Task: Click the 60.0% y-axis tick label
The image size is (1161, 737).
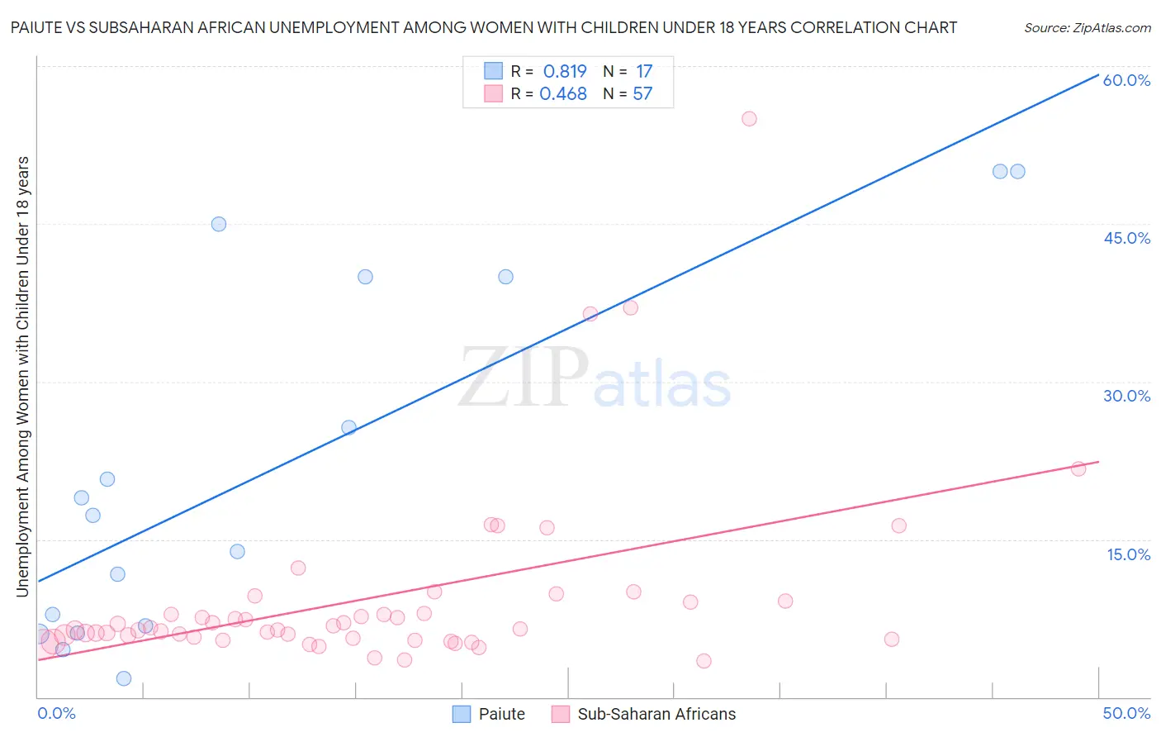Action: click(x=1126, y=80)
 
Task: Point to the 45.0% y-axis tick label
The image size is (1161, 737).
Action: click(x=1126, y=238)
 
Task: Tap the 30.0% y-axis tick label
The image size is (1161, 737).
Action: click(x=1126, y=396)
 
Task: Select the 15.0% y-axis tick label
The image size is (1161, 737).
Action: click(x=1128, y=554)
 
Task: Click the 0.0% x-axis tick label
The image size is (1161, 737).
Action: click(x=56, y=713)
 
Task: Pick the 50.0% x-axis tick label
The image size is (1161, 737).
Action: click(x=1126, y=713)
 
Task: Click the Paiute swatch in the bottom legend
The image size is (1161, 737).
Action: click(x=462, y=714)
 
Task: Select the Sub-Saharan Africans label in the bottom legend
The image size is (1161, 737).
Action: click(x=656, y=714)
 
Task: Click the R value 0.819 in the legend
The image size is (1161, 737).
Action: click(x=565, y=72)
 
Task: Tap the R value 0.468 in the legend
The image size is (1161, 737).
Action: click(x=563, y=94)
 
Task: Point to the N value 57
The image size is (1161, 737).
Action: click(x=642, y=94)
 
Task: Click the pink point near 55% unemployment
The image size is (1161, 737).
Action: click(x=749, y=119)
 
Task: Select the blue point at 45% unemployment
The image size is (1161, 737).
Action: click(x=219, y=224)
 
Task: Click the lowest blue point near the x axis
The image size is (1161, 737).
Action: click(x=124, y=678)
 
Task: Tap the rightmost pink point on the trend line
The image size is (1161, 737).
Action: click(x=1078, y=468)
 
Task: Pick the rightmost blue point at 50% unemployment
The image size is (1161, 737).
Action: click(x=1017, y=172)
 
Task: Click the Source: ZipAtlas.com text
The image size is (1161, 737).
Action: click(x=1087, y=28)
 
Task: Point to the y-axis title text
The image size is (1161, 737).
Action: click(x=22, y=376)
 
